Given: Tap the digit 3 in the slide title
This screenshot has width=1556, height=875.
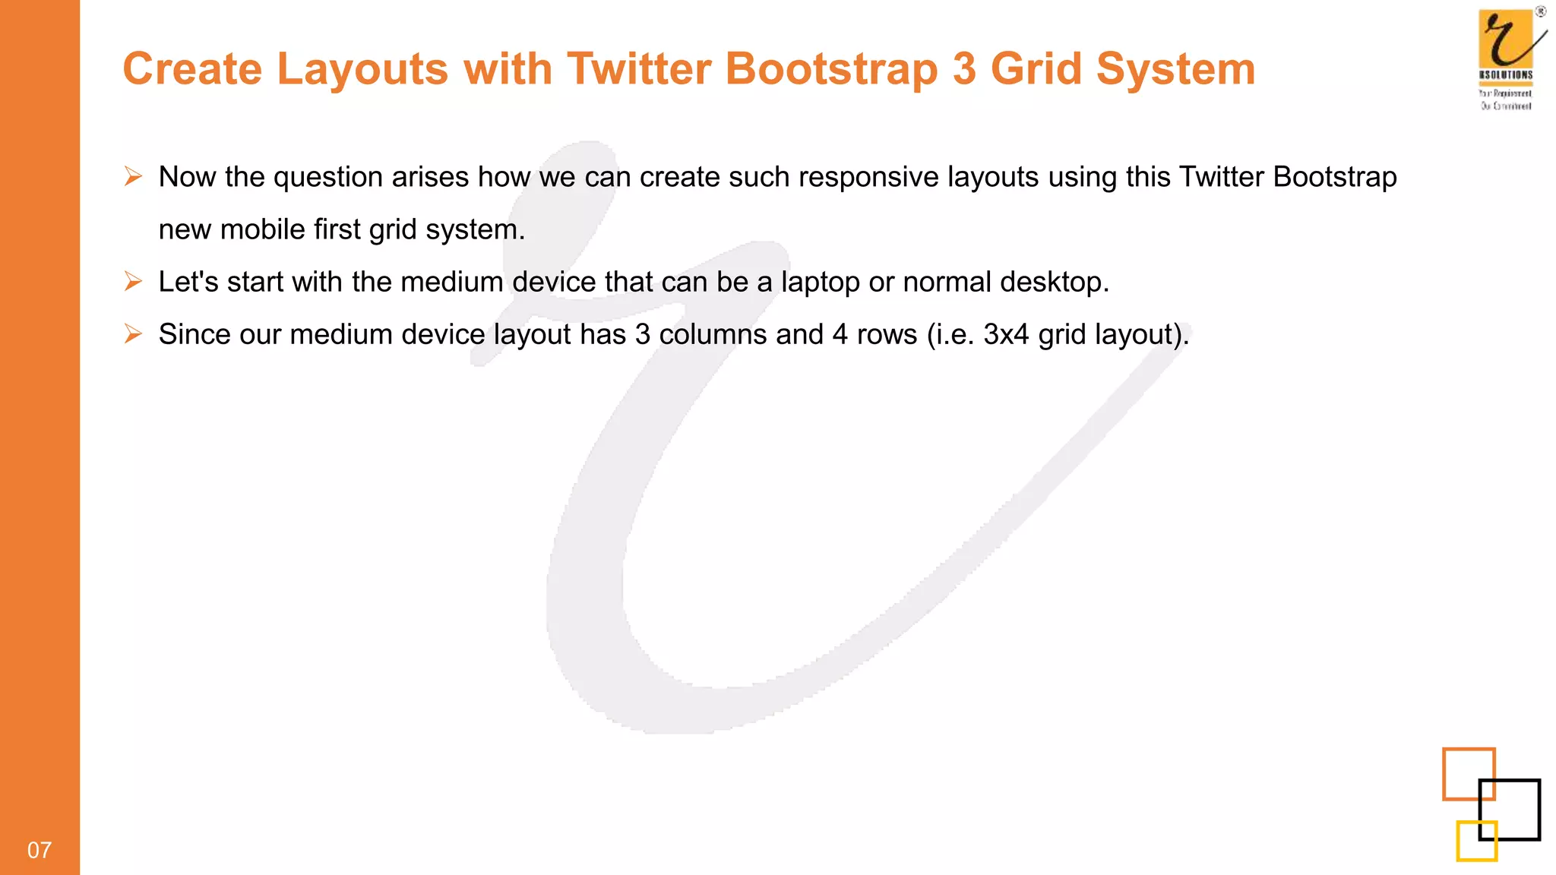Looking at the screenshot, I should pos(964,69).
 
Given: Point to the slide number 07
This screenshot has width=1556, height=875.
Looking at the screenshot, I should pos(40,850).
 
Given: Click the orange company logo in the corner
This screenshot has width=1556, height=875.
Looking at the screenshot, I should pos(1506,42).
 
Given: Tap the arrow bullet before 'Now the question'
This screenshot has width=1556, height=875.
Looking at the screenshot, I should pos(134,177).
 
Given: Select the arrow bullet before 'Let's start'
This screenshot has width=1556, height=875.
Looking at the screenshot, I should pos(134,282).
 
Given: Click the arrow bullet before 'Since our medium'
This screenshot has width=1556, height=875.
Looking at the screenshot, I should pos(134,334).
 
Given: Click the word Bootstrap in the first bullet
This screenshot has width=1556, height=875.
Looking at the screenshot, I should pos(1335,177).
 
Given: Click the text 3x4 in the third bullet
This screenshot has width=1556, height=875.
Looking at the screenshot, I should pos(1006,334).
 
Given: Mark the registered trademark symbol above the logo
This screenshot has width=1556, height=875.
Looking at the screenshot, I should pos(1541,11).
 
